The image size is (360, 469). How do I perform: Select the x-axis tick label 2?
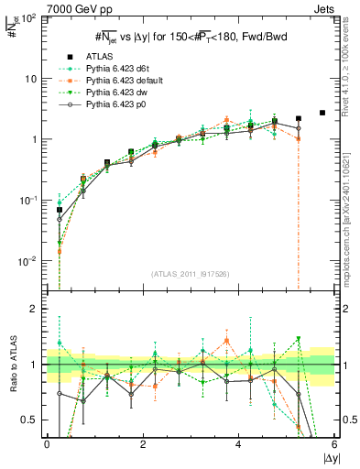click(x=143, y=444)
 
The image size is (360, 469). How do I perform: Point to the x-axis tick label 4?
click(x=239, y=444)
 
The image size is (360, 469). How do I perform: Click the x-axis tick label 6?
click(x=334, y=444)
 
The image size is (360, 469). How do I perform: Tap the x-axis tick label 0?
click(x=47, y=444)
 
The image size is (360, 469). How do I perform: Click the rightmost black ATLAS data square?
click(x=322, y=113)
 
